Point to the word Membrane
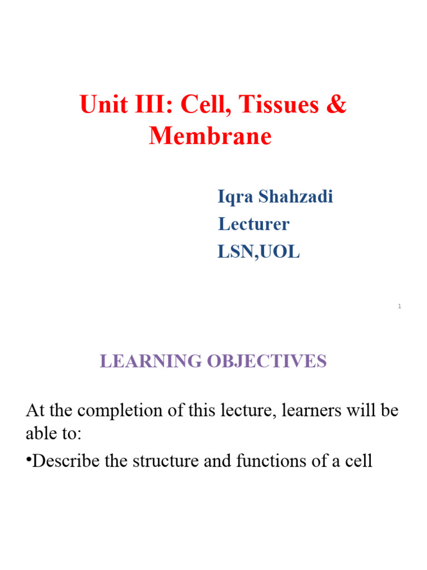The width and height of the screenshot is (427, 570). (x=210, y=136)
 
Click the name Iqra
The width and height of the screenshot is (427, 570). (x=235, y=196)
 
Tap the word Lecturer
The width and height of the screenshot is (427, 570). (x=254, y=224)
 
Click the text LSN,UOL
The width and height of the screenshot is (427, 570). (x=259, y=252)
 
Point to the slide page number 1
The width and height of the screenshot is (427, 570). (x=400, y=307)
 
